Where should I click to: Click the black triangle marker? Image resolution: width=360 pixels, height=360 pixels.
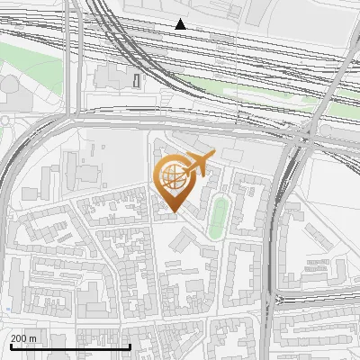click(x=181, y=24)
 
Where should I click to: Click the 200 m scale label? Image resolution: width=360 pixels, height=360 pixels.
click(x=24, y=338)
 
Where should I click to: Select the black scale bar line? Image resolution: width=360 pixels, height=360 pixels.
click(x=69, y=346)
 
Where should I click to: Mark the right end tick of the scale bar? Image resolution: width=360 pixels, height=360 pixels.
click(x=130, y=345)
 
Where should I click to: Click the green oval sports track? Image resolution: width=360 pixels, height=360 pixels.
click(x=217, y=219)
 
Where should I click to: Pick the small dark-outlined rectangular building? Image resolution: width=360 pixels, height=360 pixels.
click(x=137, y=80)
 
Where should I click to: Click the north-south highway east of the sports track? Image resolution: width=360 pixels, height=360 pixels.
click(x=274, y=234)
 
